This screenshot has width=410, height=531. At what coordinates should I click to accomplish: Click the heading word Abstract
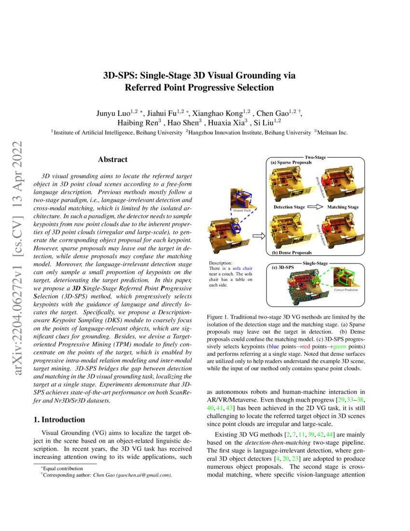(112, 159)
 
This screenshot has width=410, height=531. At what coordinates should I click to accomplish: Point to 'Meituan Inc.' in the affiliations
(332, 133)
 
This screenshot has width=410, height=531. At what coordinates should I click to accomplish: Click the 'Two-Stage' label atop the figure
(316, 157)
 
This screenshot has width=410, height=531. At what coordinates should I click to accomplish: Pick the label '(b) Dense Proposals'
(289, 252)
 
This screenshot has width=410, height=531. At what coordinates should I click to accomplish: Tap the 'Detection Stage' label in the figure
(289, 207)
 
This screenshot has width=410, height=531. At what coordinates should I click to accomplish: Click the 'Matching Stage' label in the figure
(343, 207)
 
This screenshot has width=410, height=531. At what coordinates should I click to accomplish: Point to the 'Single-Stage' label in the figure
(315, 264)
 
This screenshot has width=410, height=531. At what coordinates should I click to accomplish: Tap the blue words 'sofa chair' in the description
(241, 268)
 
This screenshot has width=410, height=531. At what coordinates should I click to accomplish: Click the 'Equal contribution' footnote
(63, 468)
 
